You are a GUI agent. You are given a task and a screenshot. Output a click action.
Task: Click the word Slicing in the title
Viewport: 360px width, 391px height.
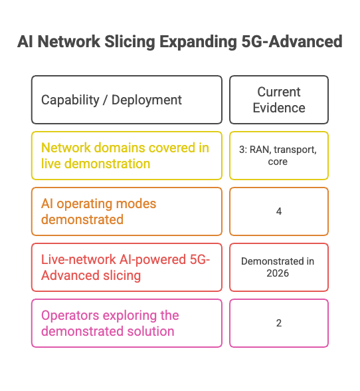tap(130, 42)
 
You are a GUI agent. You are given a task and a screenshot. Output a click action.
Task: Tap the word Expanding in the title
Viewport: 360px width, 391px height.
tap(198, 42)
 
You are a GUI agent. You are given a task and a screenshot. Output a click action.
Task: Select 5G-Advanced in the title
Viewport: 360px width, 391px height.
tap(292, 41)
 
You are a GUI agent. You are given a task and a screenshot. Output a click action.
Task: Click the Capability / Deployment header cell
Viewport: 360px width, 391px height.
tap(127, 100)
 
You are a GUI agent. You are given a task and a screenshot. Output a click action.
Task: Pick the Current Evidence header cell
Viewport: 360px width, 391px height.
tap(279, 100)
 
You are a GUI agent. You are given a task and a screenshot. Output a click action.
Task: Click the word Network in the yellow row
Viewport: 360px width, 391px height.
tap(66, 148)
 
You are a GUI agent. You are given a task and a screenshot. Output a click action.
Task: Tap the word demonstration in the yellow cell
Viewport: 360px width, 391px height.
tap(107, 164)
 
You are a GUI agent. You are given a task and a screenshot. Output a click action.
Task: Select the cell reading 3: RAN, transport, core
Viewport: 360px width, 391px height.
tap(279, 156)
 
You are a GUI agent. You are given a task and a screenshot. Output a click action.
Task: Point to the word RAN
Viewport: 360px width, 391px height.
tap(260, 150)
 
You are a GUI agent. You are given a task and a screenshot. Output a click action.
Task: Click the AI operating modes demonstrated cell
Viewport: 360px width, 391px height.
tap(127, 211)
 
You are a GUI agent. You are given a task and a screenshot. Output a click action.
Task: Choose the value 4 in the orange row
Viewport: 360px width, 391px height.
tap(279, 211)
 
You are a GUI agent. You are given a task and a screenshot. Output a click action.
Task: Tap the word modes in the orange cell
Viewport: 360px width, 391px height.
tap(136, 203)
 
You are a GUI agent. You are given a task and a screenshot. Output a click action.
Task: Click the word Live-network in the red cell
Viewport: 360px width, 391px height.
tap(79, 259)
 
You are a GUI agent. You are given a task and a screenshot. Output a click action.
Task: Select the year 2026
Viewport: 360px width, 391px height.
tap(278, 273)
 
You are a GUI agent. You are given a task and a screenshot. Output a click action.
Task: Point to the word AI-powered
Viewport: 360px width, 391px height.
tap(153, 260)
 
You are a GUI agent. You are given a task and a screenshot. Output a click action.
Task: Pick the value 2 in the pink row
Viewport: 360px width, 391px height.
tap(279, 323)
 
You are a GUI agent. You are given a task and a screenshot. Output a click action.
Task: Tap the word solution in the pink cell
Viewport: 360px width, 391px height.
tap(151, 331)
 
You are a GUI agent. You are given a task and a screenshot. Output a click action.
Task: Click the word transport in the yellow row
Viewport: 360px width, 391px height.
tap(295, 150)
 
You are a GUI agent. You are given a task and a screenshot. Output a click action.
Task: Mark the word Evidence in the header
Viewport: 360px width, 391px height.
tap(279, 108)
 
